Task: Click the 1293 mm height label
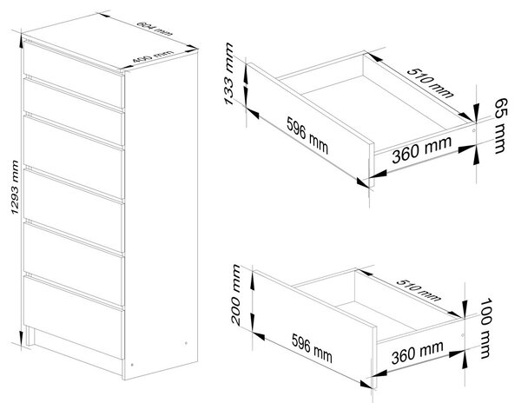click(x=14, y=187)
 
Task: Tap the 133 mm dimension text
click(x=229, y=74)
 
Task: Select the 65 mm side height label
click(x=501, y=126)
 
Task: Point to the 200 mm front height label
click(x=235, y=294)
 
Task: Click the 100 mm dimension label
click(x=485, y=328)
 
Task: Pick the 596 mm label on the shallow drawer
click(x=307, y=135)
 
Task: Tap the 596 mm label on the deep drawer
click(x=312, y=348)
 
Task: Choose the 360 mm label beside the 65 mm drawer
click(x=422, y=150)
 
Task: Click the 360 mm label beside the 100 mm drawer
click(x=418, y=352)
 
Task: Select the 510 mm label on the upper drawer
click(x=431, y=83)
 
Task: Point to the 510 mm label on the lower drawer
click(x=419, y=290)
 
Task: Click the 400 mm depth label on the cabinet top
click(x=153, y=56)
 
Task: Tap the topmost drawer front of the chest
click(x=74, y=70)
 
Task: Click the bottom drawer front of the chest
click(x=74, y=318)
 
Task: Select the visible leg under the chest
click(x=30, y=336)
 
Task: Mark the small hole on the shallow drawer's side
click(x=473, y=130)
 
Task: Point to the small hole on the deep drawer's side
click(x=463, y=335)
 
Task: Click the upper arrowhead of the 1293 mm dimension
click(x=21, y=38)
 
